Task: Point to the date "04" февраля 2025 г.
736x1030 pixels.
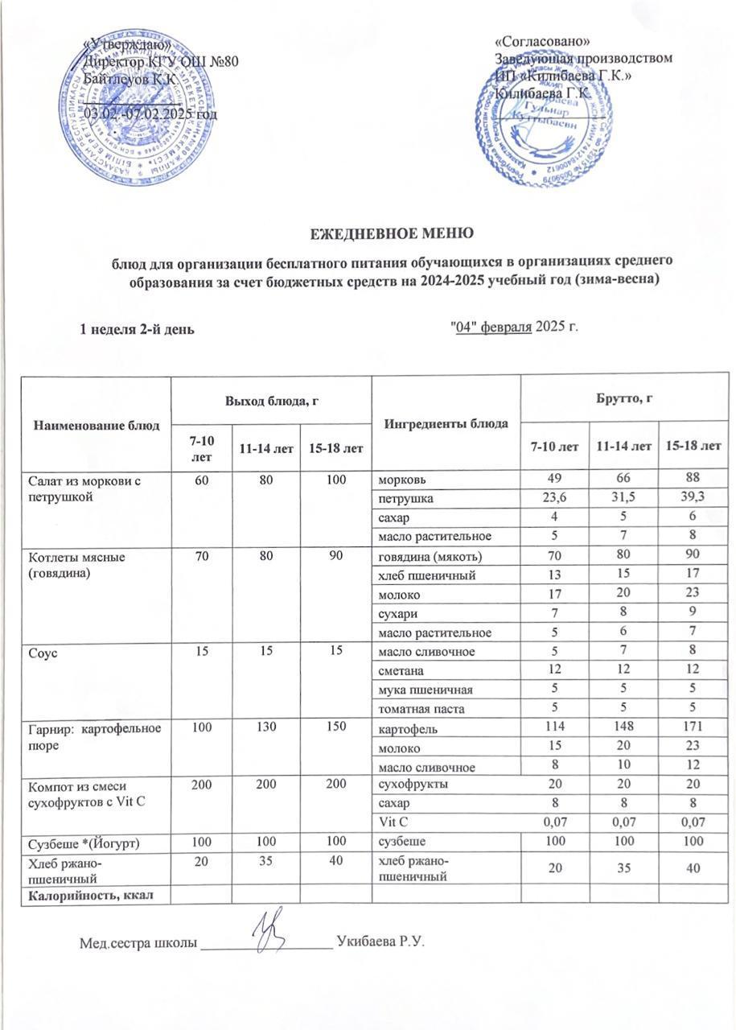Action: click(x=512, y=327)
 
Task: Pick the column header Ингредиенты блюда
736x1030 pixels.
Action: click(x=445, y=422)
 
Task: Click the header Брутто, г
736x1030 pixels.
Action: click(x=621, y=398)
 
